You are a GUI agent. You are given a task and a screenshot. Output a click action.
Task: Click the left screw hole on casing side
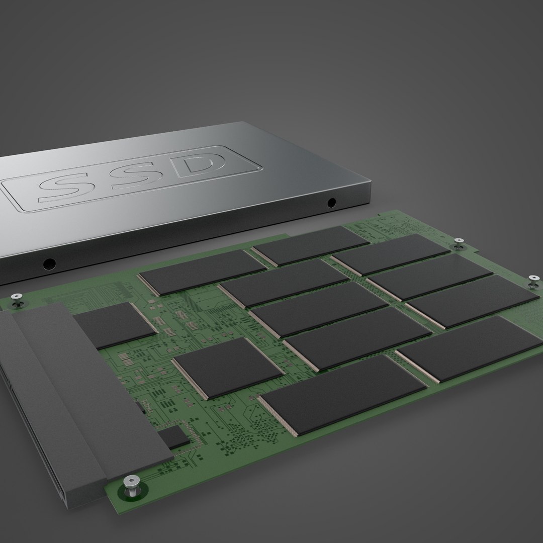(x=49, y=263)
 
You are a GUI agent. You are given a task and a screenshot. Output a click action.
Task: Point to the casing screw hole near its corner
(x=331, y=203)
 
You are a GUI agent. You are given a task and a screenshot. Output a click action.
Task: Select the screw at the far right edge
(x=533, y=280)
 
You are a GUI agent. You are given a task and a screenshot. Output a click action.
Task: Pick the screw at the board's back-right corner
(x=458, y=243)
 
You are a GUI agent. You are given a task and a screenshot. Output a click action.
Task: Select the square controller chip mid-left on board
(x=228, y=368)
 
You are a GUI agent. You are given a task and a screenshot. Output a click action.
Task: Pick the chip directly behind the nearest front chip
(x=357, y=337)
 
